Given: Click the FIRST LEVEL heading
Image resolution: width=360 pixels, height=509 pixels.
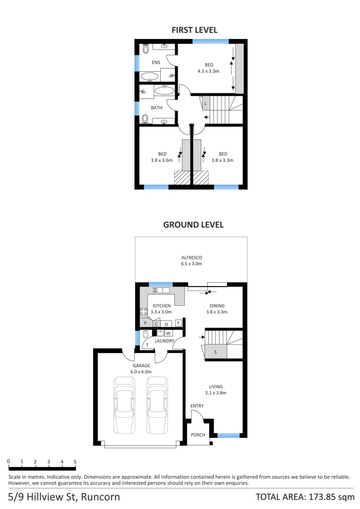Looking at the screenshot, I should (x=194, y=30).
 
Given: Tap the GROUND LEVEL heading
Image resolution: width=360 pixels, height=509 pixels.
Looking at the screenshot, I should (x=193, y=225).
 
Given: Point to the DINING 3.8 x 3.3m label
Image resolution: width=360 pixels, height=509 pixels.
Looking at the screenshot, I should (x=217, y=309).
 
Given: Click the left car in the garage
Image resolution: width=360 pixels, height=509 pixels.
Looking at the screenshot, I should (x=124, y=405).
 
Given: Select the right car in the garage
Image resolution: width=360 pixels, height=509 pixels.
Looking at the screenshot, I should (x=157, y=405).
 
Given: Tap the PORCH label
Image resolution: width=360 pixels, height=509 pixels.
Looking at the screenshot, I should (x=198, y=435).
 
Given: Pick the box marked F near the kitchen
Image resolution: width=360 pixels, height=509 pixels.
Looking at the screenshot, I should (x=179, y=323).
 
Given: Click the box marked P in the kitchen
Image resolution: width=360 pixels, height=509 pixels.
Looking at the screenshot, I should (x=146, y=323).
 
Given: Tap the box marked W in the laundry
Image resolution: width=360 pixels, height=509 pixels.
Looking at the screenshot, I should (x=168, y=333).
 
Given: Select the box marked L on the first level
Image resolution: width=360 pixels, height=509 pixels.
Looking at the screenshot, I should (x=205, y=103).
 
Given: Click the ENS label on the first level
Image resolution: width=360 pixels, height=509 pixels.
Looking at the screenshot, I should (x=155, y=62).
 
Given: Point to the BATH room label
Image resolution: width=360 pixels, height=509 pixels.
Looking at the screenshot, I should (x=156, y=107).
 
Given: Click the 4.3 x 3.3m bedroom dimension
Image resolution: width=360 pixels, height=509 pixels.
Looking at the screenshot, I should (x=209, y=71).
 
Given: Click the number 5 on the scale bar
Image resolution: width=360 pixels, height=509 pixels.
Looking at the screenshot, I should (x=75, y=461).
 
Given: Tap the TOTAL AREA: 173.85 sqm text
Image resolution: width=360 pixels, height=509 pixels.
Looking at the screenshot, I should (x=304, y=497).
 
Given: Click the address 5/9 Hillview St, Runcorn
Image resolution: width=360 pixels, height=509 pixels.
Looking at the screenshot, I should (x=64, y=497).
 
